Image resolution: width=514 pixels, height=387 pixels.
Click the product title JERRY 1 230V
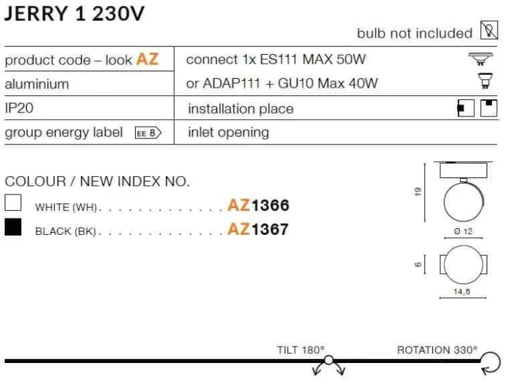coord(74,14)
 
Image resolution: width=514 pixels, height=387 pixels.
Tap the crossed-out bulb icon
coord(489,30)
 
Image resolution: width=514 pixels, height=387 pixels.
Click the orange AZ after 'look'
coord(147,60)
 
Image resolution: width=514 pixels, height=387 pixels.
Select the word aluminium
coord(37,84)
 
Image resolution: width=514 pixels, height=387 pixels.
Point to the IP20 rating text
coord(19,108)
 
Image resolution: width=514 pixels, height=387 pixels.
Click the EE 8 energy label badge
coord(148,133)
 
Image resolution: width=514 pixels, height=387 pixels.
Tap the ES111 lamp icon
coord(480,59)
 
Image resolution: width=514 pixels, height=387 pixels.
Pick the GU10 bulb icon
coord(485,81)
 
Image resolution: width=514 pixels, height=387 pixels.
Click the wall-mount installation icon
coord(466,108)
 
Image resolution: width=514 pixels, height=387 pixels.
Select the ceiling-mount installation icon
coord(489,108)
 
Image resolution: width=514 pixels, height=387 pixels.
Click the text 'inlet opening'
coord(228,133)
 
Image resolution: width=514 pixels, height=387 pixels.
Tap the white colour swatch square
coord(13,203)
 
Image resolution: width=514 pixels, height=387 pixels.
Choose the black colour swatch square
coord(13,227)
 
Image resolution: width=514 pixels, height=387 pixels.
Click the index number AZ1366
coord(258,205)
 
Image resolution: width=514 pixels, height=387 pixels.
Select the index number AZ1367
coord(258,229)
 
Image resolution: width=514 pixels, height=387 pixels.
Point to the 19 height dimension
coord(417,191)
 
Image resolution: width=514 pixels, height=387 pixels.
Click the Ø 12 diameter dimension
coord(463,232)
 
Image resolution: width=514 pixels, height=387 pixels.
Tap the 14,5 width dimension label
coord(462,291)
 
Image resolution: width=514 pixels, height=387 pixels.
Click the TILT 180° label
coord(301,350)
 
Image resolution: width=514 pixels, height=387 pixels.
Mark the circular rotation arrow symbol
coord(491,363)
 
